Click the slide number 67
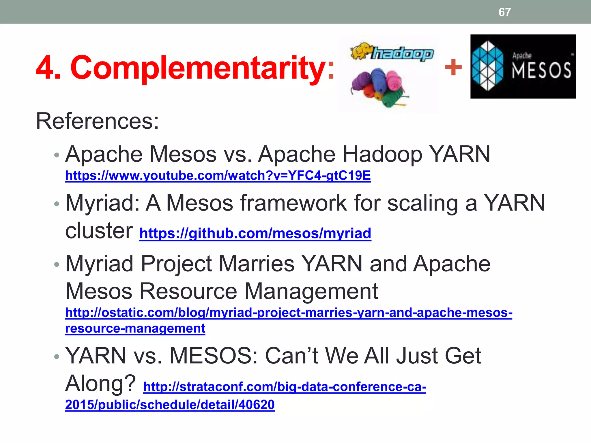(x=504, y=12)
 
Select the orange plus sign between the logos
(x=453, y=67)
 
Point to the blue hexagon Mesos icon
(x=488, y=66)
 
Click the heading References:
(x=97, y=121)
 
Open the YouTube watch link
(x=218, y=176)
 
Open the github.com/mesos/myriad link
(x=255, y=233)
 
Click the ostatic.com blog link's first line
(x=289, y=313)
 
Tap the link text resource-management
(x=135, y=329)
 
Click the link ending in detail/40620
(x=170, y=405)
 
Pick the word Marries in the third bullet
(x=256, y=264)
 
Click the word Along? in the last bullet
(x=100, y=383)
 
